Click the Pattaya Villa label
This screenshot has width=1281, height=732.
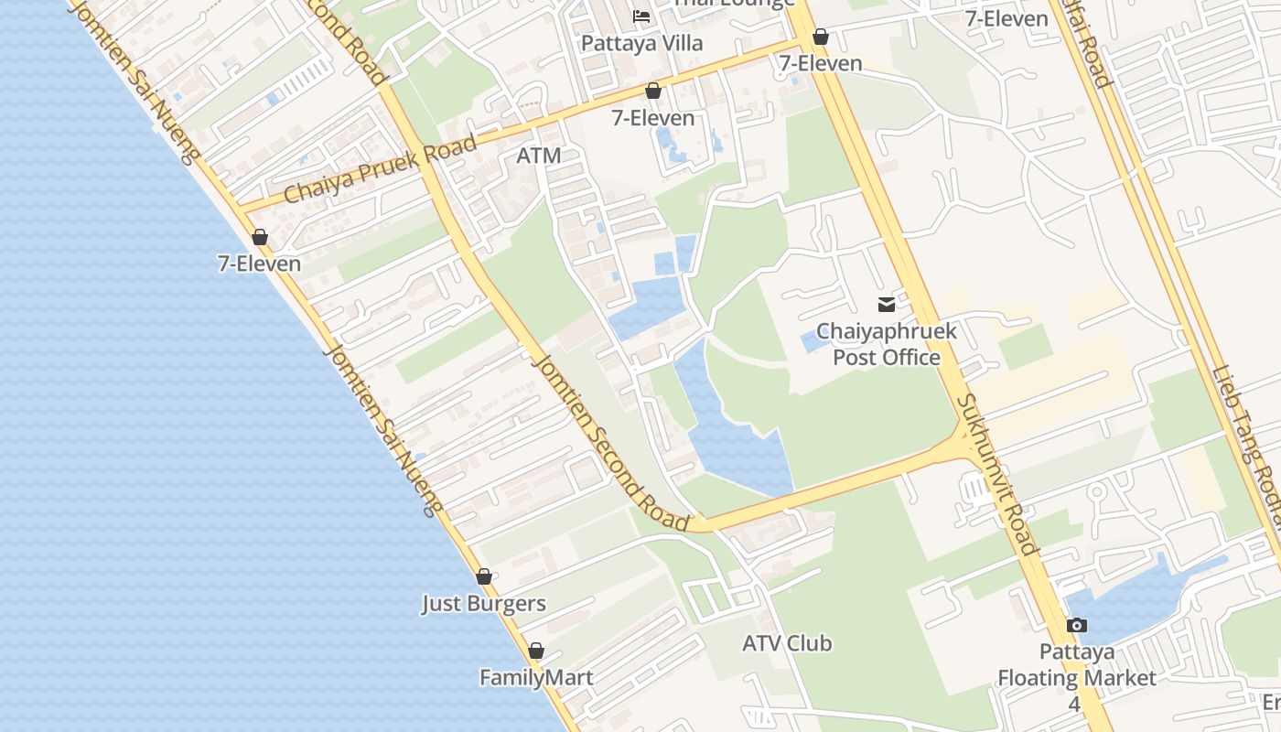point(642,43)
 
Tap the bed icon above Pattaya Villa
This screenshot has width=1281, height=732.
point(641,16)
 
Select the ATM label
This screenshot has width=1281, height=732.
point(538,156)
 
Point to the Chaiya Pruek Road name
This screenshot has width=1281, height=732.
point(380,170)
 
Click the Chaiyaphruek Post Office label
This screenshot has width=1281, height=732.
point(886,344)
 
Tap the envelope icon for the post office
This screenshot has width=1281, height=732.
point(886,305)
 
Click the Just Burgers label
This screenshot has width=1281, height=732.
point(483,604)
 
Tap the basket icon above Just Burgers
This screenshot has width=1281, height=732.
point(484,577)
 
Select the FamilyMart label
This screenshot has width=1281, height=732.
point(536,678)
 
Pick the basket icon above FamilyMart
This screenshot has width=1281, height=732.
point(536,651)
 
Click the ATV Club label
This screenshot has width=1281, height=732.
point(787,643)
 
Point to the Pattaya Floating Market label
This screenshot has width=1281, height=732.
point(1077,665)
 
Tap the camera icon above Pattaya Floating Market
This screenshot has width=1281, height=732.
point(1077,626)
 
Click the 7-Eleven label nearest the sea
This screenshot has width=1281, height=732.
point(259,264)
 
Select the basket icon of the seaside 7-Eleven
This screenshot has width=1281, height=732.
point(260,238)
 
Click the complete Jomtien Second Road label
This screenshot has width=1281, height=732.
point(609,443)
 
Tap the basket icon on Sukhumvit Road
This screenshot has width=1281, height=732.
point(821,37)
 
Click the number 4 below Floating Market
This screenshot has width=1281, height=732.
point(1074,705)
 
